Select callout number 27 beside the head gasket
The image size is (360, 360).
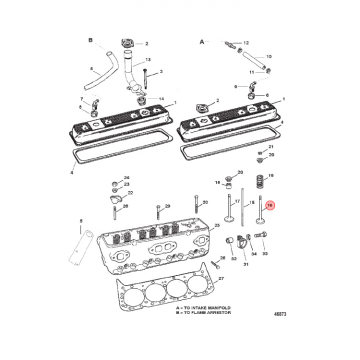(x=221, y=278)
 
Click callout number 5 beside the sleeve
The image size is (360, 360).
(x=81, y=220)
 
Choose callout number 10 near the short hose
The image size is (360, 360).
(x=268, y=56)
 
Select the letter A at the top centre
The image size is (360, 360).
(x=202, y=42)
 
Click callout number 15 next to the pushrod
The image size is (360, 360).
(x=252, y=202)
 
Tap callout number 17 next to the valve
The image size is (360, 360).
(x=237, y=201)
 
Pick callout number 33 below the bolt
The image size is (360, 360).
(x=265, y=253)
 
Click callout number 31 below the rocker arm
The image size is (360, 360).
(x=245, y=264)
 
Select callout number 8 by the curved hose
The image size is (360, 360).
(x=91, y=68)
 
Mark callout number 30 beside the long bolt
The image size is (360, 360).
(x=205, y=202)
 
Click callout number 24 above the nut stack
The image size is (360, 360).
(x=126, y=178)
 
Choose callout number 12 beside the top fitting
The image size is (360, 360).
(x=245, y=43)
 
